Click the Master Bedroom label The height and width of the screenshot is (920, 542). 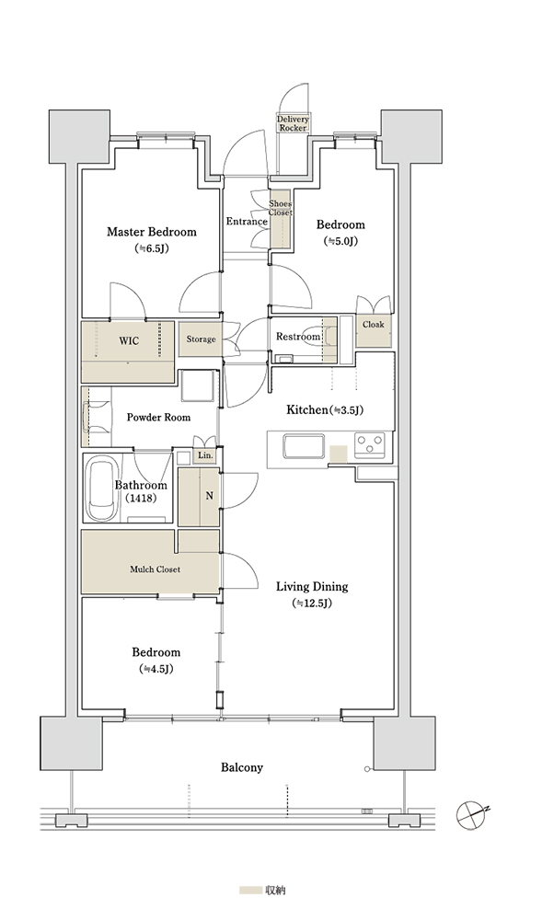coord(151,232)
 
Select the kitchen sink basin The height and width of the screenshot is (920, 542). coord(304,447)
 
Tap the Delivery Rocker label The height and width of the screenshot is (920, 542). coord(293,123)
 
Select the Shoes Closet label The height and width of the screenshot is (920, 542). coord(281,208)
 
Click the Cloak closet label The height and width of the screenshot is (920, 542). coord(373,325)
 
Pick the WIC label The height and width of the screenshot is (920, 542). coord(129,340)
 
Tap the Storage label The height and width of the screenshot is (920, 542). coord(201,339)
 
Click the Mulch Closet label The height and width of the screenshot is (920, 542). coord(155,569)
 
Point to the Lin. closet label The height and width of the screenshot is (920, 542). coord(205,455)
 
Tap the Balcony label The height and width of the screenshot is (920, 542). coord(242,767)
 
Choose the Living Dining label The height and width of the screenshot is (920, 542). coord(312,586)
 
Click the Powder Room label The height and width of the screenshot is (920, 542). coord(158,417)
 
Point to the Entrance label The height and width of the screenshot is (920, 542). coord(247,222)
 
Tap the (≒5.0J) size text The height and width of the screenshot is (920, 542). coord(340,240)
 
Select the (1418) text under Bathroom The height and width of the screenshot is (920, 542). coord(140,499)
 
